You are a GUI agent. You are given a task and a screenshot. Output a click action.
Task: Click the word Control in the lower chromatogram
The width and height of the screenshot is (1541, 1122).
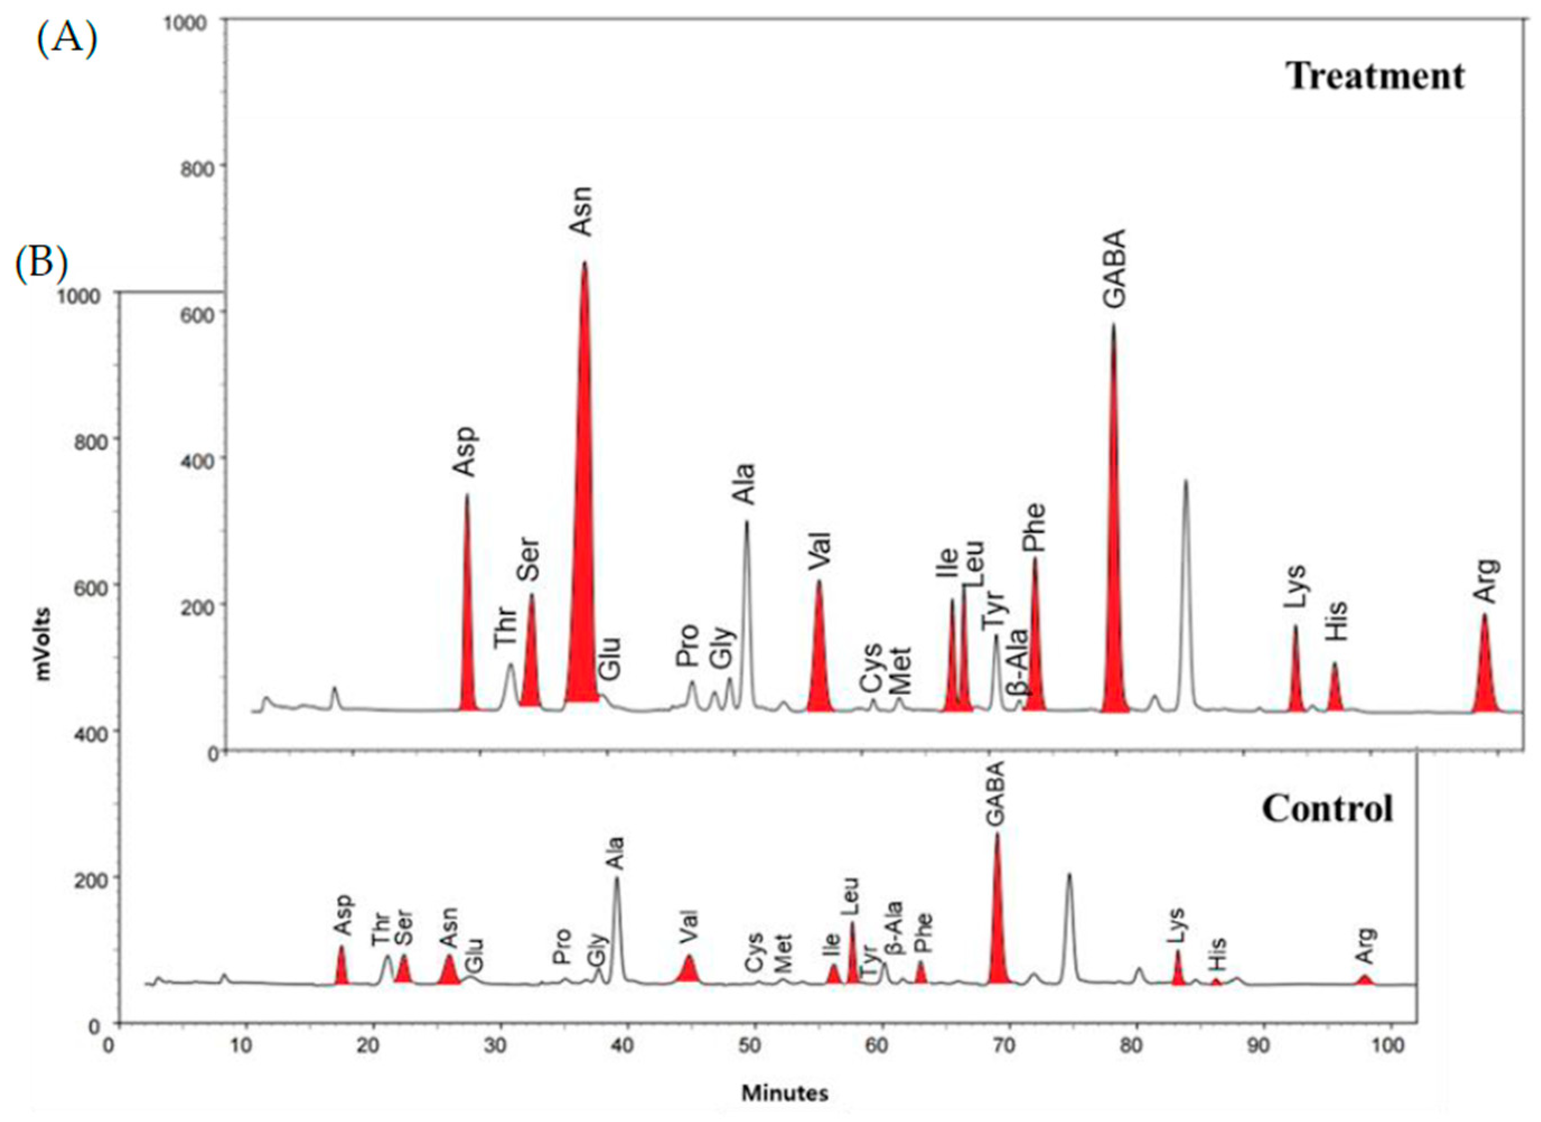[1327, 808]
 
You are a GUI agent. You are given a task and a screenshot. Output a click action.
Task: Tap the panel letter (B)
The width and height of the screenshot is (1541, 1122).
[41, 263]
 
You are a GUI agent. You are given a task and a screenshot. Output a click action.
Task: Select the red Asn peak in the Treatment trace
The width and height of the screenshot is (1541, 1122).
[583, 544]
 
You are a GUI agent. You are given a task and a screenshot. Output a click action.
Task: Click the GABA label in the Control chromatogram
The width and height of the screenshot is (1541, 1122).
[995, 803]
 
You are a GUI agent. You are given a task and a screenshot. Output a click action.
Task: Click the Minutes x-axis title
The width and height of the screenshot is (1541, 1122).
[784, 1093]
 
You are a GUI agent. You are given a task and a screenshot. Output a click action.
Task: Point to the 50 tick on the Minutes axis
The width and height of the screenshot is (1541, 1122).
[750, 1045]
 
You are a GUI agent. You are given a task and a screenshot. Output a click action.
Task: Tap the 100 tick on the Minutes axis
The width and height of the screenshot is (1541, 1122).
[1385, 1045]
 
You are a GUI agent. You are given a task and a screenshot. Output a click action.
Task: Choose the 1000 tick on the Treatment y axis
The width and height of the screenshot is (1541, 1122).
[185, 22]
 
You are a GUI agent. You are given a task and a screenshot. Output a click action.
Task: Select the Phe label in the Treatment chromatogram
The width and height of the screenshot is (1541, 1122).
[1034, 527]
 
